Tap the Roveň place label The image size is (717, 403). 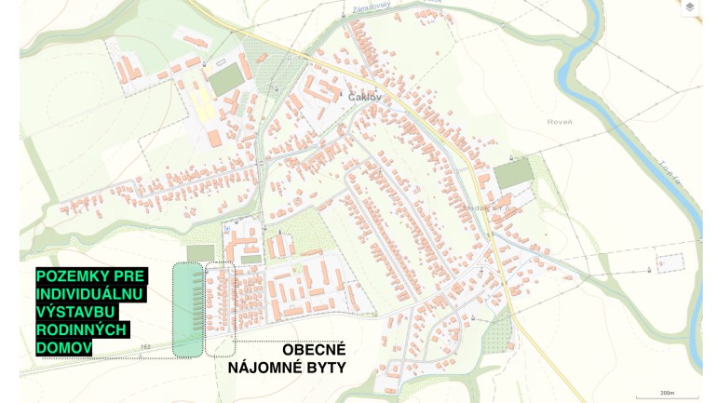561,121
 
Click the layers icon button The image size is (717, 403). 690,8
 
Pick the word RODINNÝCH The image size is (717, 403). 82,329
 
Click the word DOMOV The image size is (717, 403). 63,347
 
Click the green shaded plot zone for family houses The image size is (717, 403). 187,310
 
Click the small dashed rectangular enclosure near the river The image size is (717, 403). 668,263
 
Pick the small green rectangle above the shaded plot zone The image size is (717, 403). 199,253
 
